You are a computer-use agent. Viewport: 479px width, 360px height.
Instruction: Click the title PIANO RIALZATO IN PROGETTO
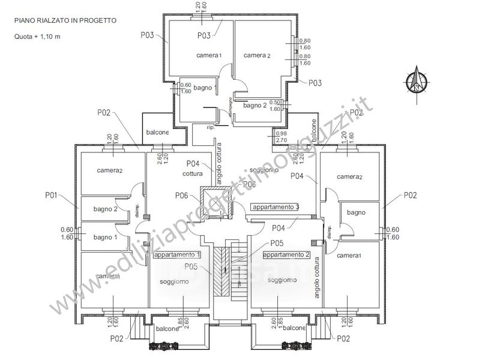pyautogui.click(x=65, y=20)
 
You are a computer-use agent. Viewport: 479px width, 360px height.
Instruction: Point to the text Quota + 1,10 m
pyautogui.click(x=38, y=36)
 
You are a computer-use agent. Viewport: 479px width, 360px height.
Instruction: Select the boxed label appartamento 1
pyautogui.click(x=177, y=254)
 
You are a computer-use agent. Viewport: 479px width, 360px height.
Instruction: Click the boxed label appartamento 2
pyautogui.click(x=286, y=254)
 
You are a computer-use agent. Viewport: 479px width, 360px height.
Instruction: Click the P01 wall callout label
pyautogui.click(x=51, y=194)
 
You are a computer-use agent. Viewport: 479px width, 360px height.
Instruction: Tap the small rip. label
pyautogui.click(x=211, y=128)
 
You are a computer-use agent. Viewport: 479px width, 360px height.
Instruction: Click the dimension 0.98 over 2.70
pyautogui.click(x=280, y=136)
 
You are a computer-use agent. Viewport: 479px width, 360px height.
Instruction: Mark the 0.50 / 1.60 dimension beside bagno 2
pyautogui.click(x=276, y=106)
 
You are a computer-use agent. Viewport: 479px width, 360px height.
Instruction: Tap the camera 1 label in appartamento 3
pyautogui.click(x=209, y=55)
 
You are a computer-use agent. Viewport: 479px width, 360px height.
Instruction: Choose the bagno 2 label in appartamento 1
pyautogui.click(x=105, y=209)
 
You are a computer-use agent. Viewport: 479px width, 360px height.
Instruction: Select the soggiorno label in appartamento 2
pyautogui.click(x=282, y=280)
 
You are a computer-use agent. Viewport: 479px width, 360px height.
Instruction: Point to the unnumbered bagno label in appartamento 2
pyautogui.click(x=356, y=212)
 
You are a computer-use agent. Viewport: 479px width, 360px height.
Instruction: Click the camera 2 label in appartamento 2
pyautogui.click(x=349, y=177)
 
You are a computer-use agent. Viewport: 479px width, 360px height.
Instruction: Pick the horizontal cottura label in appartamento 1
pyautogui.click(x=194, y=173)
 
